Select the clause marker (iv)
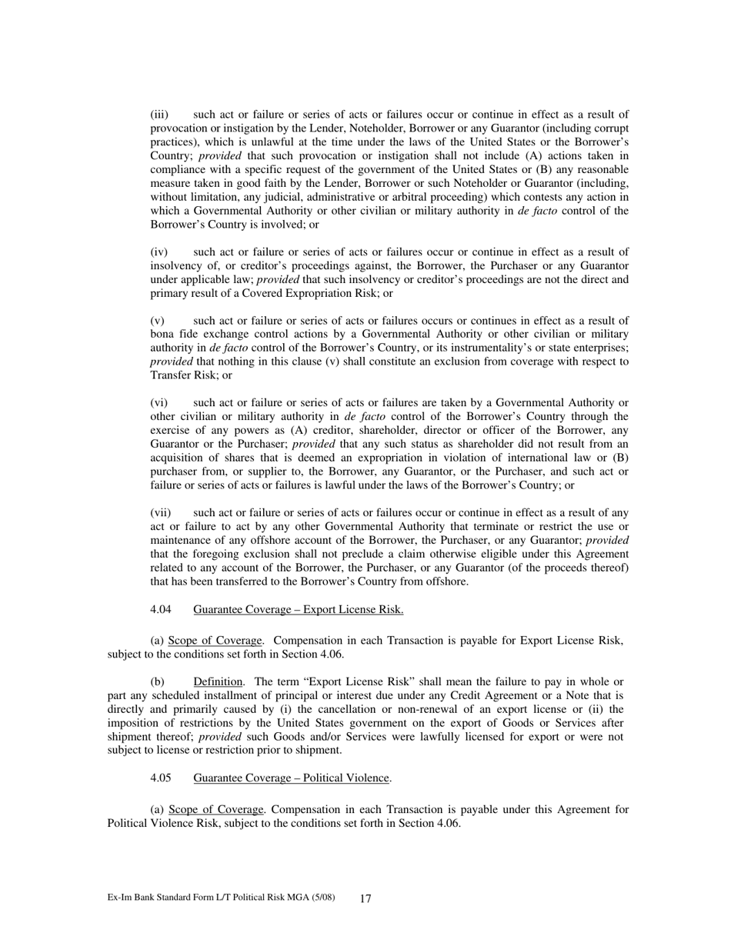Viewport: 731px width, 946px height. point(159,252)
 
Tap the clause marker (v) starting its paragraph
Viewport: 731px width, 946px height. point(157,321)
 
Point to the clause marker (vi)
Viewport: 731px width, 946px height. point(159,403)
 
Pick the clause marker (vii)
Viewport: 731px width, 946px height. point(160,513)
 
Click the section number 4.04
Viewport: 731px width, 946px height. point(161,610)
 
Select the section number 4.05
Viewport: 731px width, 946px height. point(161,778)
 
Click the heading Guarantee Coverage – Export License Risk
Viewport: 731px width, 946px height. point(298,610)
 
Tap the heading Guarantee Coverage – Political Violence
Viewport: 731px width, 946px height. point(292,778)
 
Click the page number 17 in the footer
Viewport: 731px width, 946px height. point(365,898)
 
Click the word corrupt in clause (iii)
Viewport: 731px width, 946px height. point(611,128)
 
